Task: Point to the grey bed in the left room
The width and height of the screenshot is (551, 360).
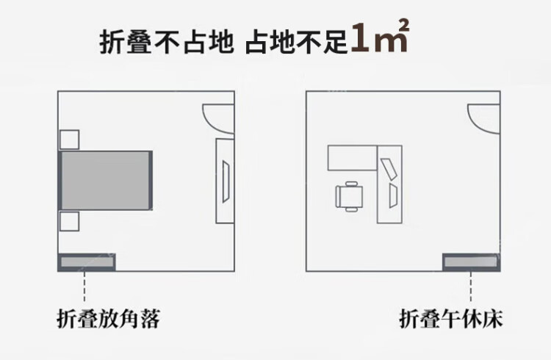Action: point(107,180)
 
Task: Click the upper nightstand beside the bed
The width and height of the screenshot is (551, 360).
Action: point(69,140)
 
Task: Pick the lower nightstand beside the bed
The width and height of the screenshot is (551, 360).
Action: point(69,221)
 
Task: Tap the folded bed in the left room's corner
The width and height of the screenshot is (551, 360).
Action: point(87,261)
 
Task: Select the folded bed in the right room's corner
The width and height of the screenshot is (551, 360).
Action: point(470,262)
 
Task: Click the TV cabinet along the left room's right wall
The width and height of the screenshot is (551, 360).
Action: point(225,180)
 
